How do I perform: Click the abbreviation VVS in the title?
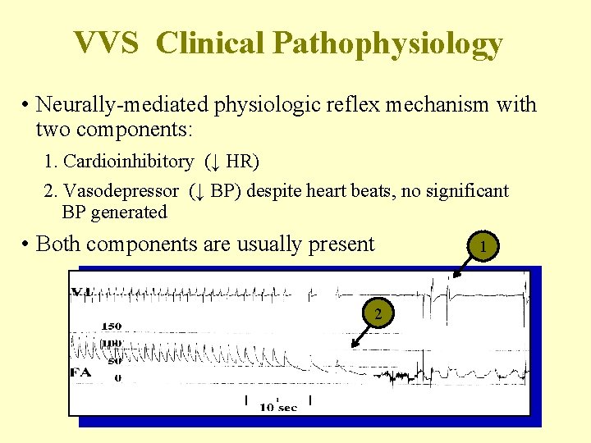[x=106, y=43]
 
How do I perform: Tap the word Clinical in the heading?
[x=212, y=43]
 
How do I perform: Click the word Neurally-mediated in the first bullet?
[x=122, y=105]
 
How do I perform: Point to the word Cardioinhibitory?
[x=128, y=162]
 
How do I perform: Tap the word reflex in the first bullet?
[x=350, y=105]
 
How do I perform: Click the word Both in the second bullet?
[x=59, y=244]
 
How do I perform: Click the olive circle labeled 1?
[x=484, y=246]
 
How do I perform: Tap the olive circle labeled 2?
[x=378, y=313]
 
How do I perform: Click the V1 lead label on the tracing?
[x=81, y=291]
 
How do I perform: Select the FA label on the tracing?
[x=80, y=373]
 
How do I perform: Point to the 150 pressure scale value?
[x=111, y=326]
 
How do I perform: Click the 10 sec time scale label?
[x=278, y=407]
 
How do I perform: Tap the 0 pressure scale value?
[x=117, y=378]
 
